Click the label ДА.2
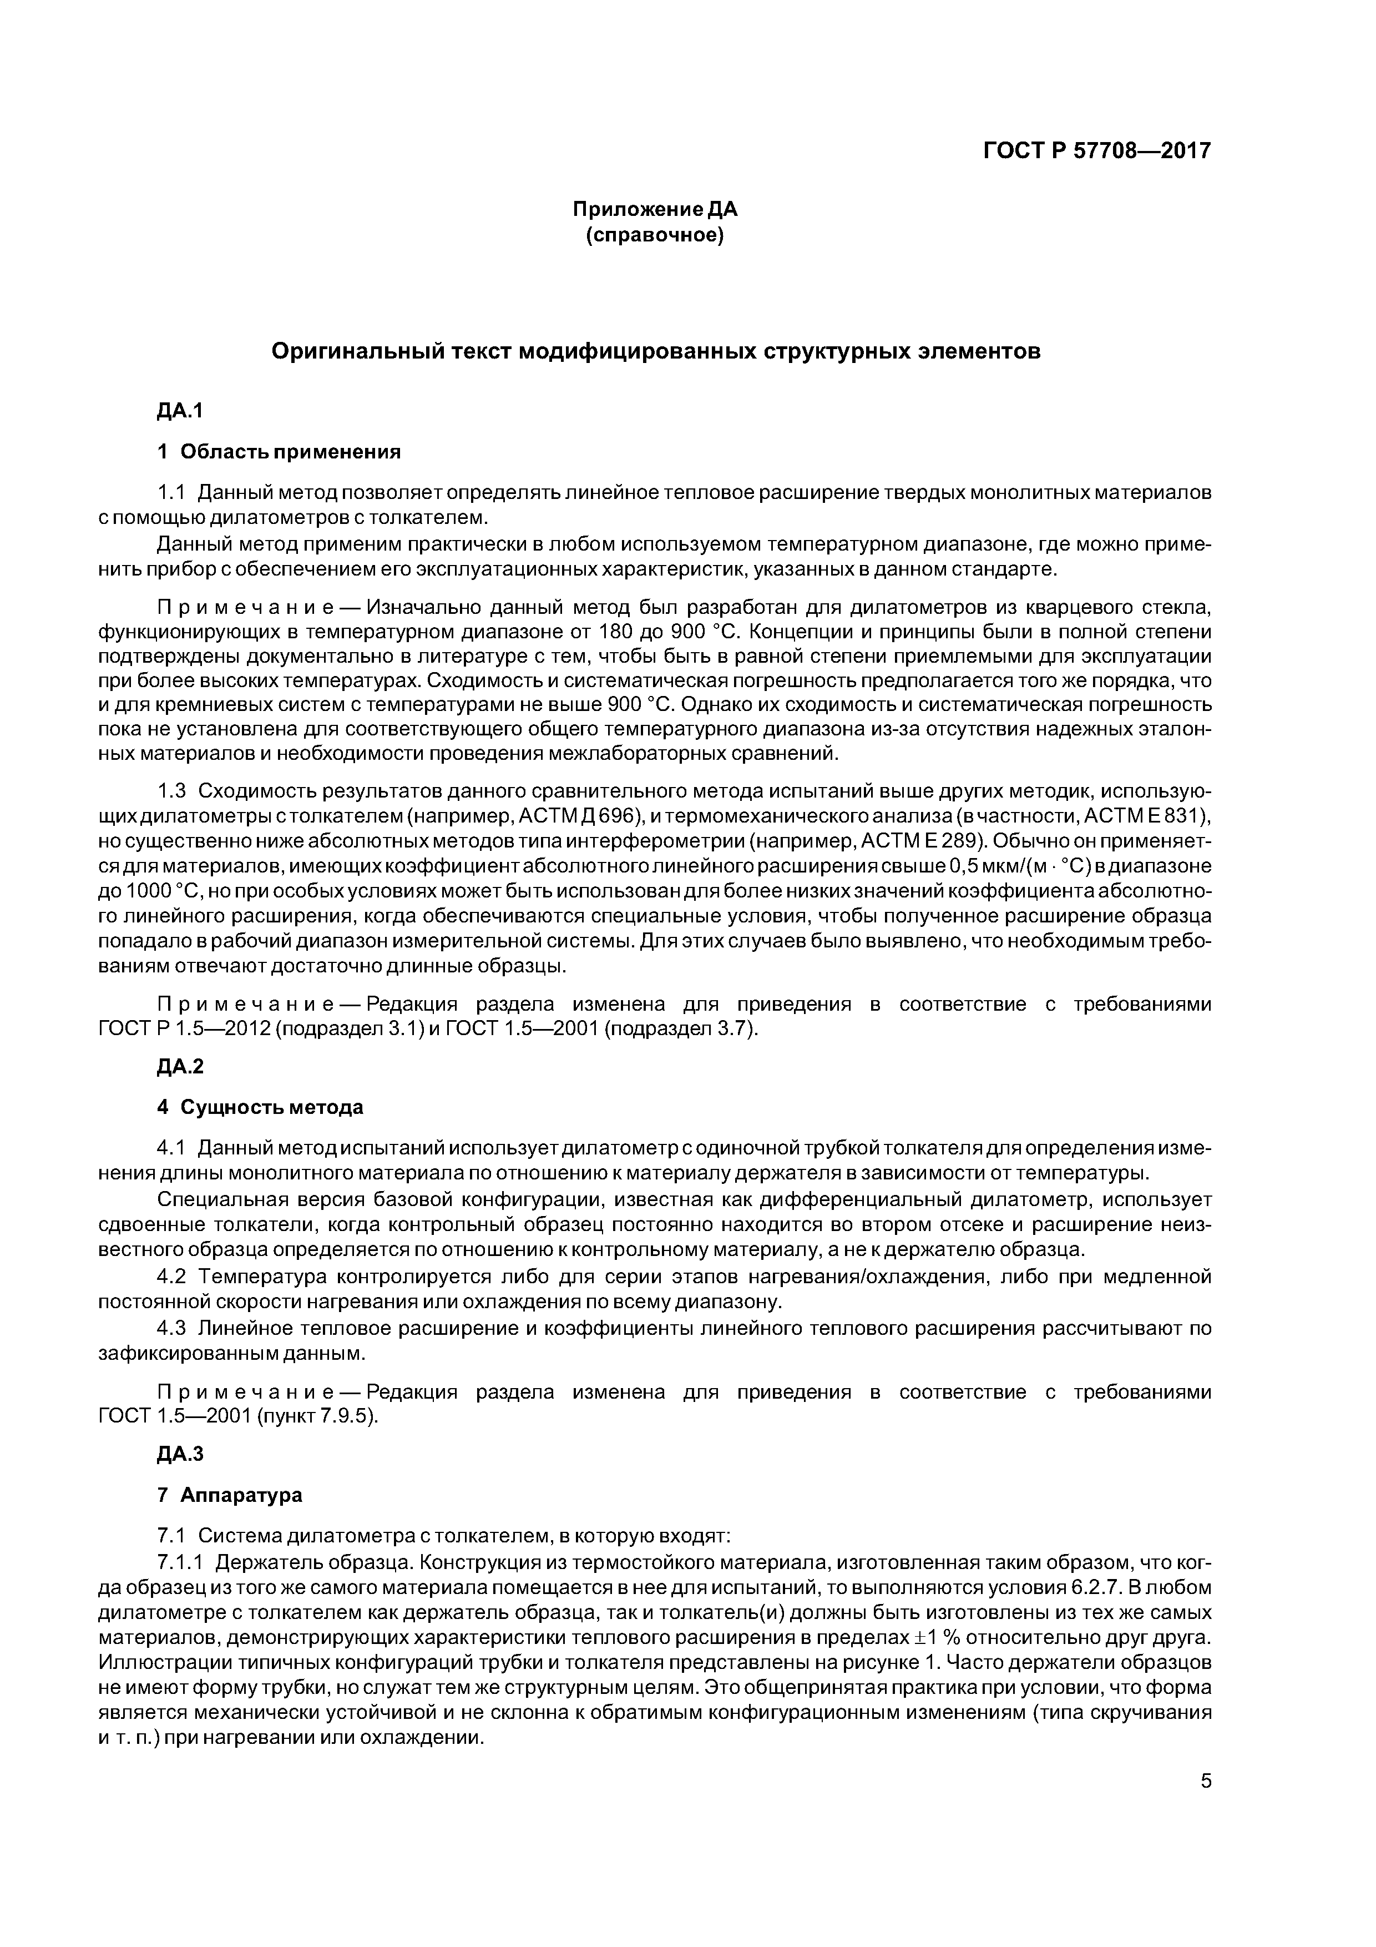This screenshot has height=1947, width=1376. tap(181, 1067)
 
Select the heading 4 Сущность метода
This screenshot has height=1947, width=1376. tap(260, 1107)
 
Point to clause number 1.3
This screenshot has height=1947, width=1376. tap(171, 791)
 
